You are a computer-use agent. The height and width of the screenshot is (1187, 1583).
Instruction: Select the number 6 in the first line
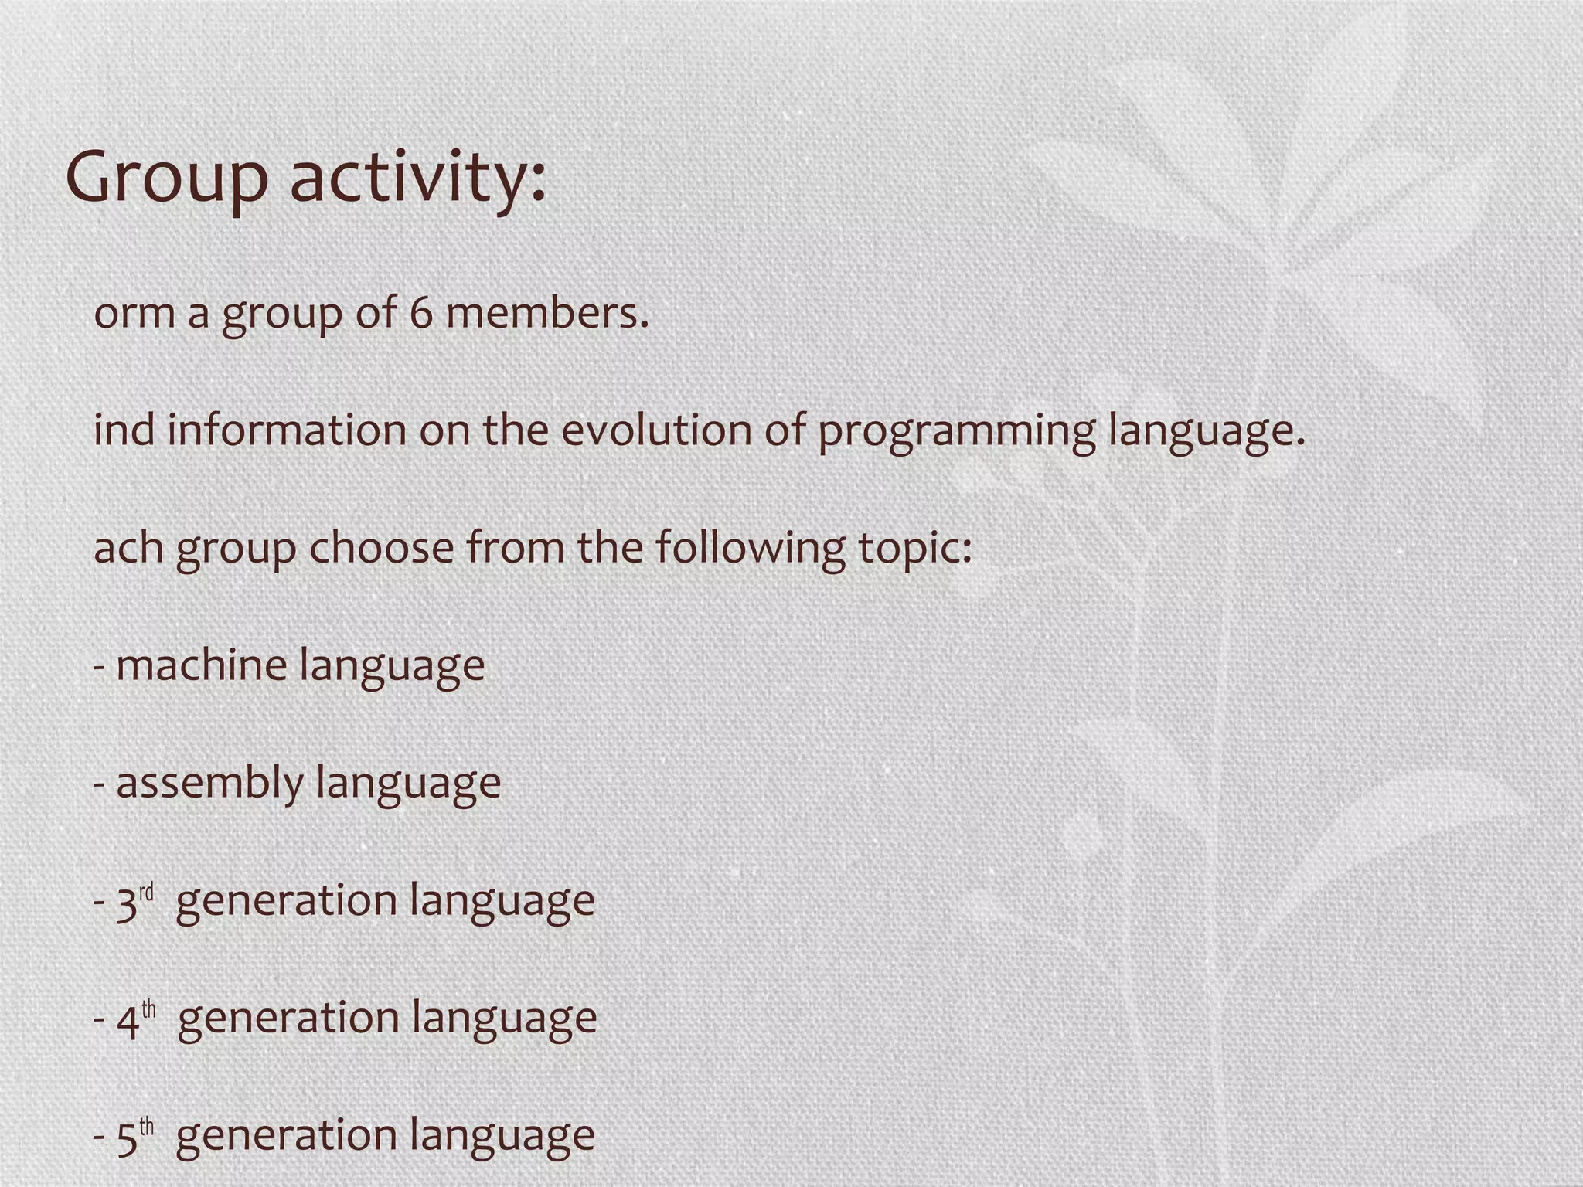[420, 314]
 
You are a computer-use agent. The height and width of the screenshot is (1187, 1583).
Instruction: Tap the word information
[287, 430]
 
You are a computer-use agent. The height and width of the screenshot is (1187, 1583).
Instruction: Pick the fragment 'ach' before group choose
[128, 549]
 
